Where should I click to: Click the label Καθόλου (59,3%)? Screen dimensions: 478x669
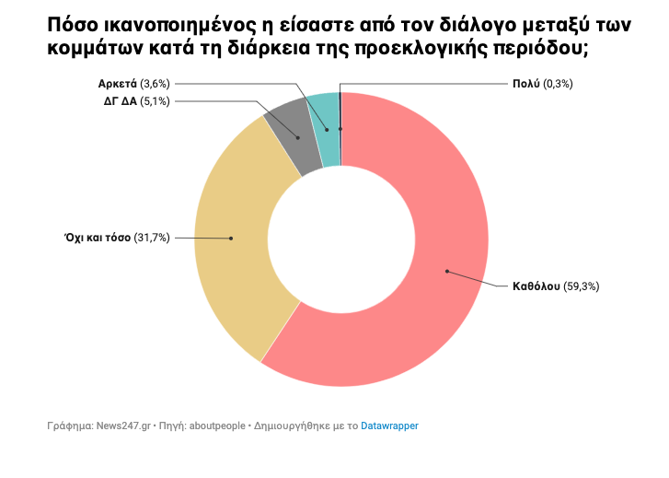click(x=556, y=286)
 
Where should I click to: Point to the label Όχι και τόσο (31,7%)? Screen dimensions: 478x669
click(x=116, y=238)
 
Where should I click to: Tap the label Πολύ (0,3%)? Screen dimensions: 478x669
click(x=543, y=84)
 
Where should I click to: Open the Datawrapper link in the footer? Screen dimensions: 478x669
click(x=389, y=426)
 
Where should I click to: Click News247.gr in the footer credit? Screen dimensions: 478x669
click(x=121, y=426)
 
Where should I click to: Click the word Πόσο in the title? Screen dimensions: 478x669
click(x=70, y=28)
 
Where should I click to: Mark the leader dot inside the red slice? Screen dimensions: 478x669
click(x=446, y=271)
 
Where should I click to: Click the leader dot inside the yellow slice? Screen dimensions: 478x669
click(x=231, y=238)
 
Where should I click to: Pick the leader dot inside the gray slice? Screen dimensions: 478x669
click(x=297, y=137)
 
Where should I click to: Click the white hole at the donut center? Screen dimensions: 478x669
click(x=340, y=239)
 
